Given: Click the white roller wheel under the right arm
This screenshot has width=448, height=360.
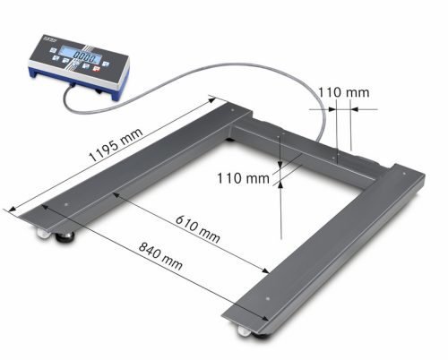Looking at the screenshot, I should (245, 332).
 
